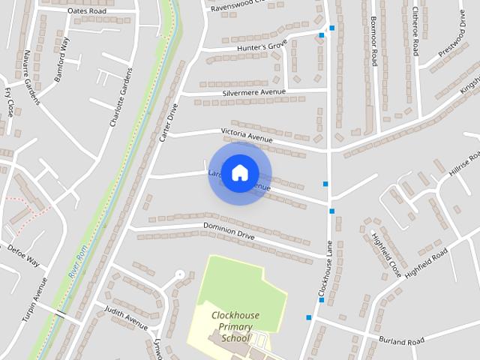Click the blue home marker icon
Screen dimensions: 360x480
(x=239, y=173)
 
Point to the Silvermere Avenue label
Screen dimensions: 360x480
(x=254, y=93)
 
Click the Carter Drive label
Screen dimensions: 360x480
(x=167, y=123)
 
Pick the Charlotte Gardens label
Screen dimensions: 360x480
(x=121, y=97)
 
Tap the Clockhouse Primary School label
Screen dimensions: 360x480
(x=235, y=327)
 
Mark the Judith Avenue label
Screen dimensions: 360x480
(x=126, y=318)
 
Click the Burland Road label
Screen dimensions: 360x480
(x=401, y=340)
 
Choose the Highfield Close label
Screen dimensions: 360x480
(x=386, y=255)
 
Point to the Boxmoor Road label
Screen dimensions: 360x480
(x=373, y=41)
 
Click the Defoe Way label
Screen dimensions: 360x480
(x=23, y=256)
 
